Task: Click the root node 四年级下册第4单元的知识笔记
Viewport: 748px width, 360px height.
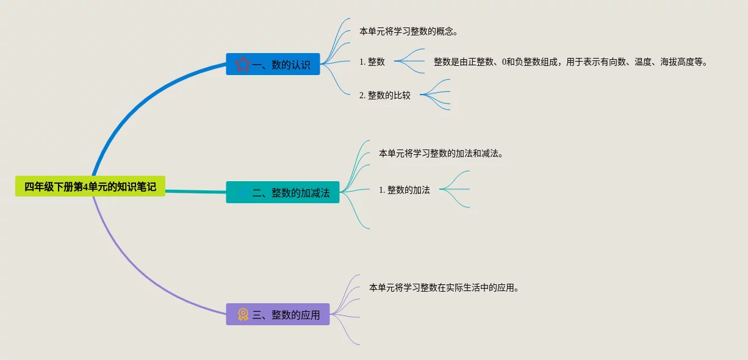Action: (x=90, y=187)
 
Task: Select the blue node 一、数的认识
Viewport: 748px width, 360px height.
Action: (x=273, y=64)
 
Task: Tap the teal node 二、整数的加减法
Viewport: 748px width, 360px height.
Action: (x=282, y=192)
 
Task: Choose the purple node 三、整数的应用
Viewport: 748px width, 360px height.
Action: (x=278, y=314)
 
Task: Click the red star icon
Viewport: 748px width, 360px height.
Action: (x=243, y=64)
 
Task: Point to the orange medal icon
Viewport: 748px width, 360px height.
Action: (x=243, y=314)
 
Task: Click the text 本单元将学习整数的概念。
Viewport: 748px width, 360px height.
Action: (x=408, y=31)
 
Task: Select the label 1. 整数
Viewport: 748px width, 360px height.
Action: (x=372, y=62)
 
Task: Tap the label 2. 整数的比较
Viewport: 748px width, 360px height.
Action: (x=385, y=95)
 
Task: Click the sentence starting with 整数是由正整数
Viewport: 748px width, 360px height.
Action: (x=570, y=62)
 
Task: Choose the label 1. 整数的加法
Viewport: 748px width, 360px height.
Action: (x=405, y=190)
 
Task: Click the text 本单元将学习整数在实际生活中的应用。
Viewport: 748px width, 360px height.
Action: (x=444, y=287)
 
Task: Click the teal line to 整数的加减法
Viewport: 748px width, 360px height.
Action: (x=195, y=192)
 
